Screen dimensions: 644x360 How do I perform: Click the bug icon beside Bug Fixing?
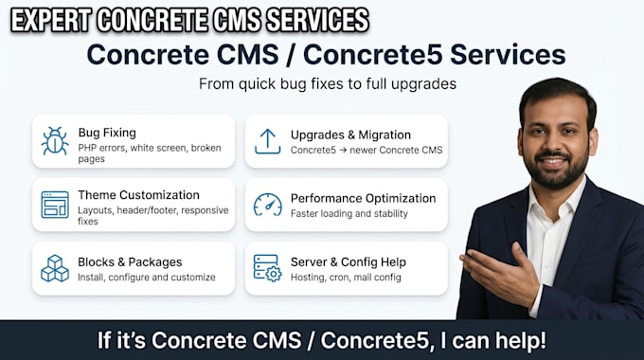pyautogui.click(x=55, y=141)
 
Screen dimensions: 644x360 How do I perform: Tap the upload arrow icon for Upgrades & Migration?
pyautogui.click(x=267, y=141)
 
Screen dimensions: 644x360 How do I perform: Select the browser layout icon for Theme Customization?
pyautogui.click(x=55, y=205)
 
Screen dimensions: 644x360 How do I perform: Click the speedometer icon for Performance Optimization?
pyautogui.click(x=268, y=205)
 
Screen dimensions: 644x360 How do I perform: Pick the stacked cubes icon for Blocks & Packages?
pyautogui.click(x=55, y=268)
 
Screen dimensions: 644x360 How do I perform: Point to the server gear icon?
pyautogui.click(x=268, y=268)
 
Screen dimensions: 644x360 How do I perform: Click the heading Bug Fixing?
pyautogui.click(x=107, y=133)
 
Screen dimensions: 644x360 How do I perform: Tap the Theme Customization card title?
pyautogui.click(x=139, y=195)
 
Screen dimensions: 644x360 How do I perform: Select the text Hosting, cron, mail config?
pyautogui.click(x=346, y=278)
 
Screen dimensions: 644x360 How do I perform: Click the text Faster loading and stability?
pyautogui.click(x=349, y=214)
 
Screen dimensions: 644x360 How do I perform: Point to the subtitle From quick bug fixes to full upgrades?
pyautogui.click(x=328, y=83)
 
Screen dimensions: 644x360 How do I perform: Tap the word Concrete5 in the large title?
pyautogui.click(x=372, y=55)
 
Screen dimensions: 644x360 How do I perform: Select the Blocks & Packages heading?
pyautogui.click(x=130, y=261)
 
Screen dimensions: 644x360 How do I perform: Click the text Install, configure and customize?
pyautogui.click(x=147, y=278)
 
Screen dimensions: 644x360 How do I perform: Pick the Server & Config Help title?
pyautogui.click(x=349, y=261)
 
